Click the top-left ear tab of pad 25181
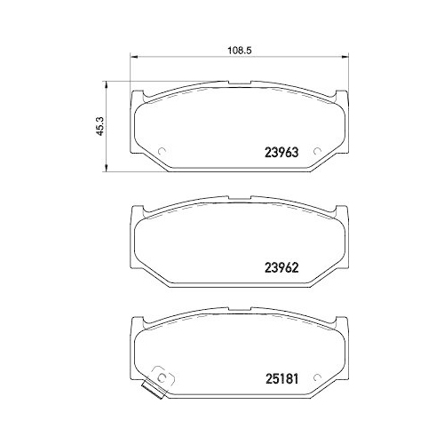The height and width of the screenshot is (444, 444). point(137,321)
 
